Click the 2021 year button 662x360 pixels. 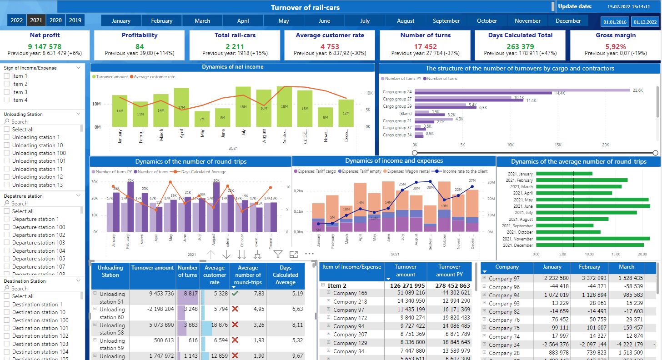[36, 20]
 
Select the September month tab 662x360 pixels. [446, 21]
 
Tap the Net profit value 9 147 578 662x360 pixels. [45, 46]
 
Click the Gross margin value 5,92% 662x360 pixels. [615, 46]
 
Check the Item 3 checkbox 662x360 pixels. [6, 92]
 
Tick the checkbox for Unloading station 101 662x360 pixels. [6, 161]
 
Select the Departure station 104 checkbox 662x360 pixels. [6, 251]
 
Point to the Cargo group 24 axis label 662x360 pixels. [397, 92]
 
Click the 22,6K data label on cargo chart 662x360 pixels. [637, 90]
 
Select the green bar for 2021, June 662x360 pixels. [592, 206]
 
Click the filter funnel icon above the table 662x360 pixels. [278, 255]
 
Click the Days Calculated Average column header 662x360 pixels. [285, 275]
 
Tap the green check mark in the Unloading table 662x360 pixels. [235, 294]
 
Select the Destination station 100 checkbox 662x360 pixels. [6, 320]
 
